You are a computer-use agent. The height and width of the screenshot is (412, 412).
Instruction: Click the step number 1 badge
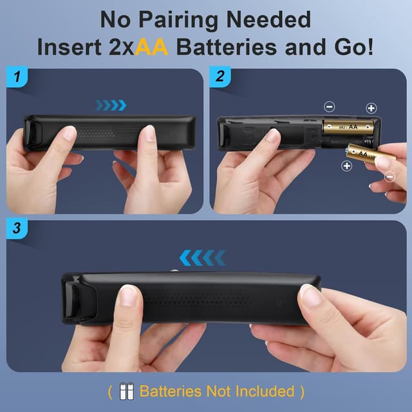(17, 79)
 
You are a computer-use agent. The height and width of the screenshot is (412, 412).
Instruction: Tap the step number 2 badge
(220, 79)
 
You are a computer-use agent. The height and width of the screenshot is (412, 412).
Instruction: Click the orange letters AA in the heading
(153, 48)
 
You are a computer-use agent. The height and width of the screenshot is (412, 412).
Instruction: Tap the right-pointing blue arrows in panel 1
(110, 105)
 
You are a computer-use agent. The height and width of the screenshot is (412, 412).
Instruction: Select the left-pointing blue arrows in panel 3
(202, 258)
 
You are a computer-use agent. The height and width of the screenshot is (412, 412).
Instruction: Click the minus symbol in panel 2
(329, 107)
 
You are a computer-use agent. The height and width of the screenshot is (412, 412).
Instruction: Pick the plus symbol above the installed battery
(371, 108)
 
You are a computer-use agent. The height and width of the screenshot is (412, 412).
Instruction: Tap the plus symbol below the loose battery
(346, 166)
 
